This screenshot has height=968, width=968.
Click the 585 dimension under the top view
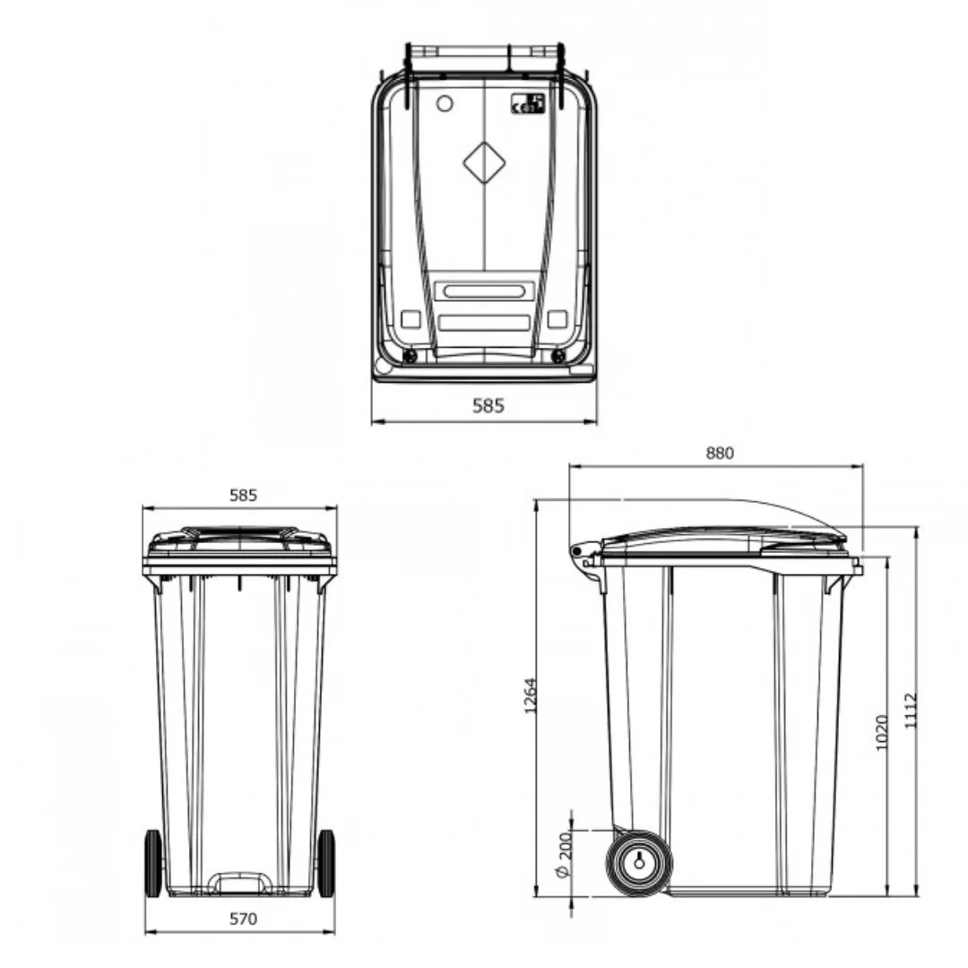[x=488, y=405]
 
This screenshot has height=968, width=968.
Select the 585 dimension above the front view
[x=243, y=494]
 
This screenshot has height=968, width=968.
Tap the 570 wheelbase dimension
[x=243, y=918]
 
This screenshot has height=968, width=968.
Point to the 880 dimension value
[x=719, y=453]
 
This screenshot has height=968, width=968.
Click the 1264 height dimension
[x=531, y=696]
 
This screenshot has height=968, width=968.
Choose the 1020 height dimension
[x=881, y=732]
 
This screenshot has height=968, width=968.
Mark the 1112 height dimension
[x=911, y=710]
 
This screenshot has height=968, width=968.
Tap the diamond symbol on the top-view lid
[x=484, y=162]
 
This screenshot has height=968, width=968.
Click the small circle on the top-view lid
[x=444, y=104]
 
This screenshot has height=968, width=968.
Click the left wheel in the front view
[x=153, y=862]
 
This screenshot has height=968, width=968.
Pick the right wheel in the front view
[x=326, y=862]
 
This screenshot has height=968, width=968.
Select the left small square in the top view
[x=411, y=319]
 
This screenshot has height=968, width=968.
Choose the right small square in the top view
[x=557, y=319]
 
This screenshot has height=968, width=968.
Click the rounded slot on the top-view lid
[x=483, y=291]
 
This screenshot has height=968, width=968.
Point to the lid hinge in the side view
[x=584, y=553]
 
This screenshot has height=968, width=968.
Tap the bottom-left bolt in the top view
[x=411, y=357]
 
